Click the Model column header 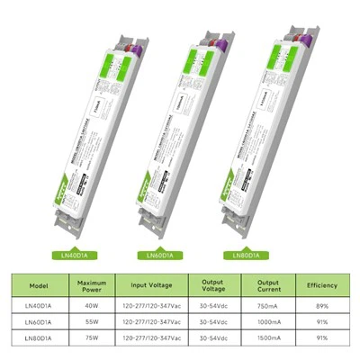coord(37,286)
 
